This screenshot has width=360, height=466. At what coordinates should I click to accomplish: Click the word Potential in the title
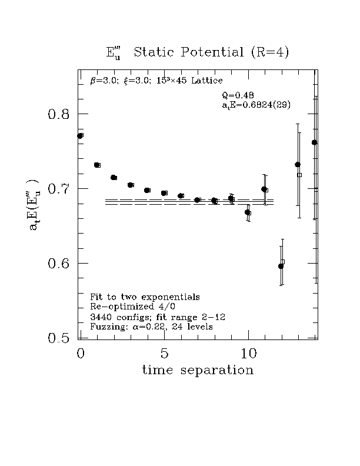212,52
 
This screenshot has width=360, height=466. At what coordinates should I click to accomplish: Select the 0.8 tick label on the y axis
58,114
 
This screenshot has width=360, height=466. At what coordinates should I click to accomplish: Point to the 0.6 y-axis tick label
58,264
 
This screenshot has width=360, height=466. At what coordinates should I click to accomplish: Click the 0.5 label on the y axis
58,338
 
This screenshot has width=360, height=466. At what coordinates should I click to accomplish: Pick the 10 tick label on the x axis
248,354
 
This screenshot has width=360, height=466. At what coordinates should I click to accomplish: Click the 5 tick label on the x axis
164,354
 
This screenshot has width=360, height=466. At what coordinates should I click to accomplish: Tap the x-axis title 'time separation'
198,370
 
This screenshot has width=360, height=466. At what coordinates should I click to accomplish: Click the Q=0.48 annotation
238,95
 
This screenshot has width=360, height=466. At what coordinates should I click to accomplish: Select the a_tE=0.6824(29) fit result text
256,105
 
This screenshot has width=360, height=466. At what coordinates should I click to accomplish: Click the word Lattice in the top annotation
206,81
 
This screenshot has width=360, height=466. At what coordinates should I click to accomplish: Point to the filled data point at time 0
79,136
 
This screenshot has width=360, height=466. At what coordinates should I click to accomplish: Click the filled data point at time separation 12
281,266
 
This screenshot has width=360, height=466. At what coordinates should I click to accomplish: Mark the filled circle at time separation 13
297,164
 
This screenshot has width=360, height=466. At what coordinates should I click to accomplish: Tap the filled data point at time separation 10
247,212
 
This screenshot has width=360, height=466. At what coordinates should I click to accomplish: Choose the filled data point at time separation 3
130,185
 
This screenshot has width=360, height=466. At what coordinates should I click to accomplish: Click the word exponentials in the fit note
171,297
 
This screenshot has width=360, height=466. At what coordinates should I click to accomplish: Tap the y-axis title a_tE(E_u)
35,205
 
